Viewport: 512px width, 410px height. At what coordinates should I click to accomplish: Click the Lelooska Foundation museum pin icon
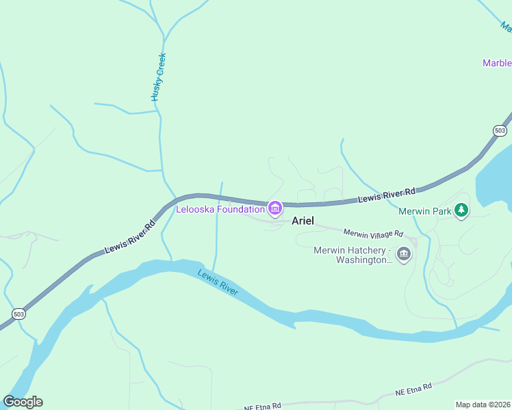[x=274, y=208]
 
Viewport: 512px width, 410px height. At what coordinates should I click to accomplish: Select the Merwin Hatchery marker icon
[x=404, y=254]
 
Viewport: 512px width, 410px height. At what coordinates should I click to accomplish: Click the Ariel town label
[x=303, y=221]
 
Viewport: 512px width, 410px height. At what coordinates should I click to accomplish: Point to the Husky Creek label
[x=159, y=77]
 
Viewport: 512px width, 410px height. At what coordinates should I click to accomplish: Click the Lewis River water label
[x=218, y=282]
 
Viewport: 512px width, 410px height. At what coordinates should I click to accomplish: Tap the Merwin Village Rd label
[x=374, y=234]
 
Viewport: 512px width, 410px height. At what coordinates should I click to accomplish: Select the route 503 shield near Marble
[x=500, y=130]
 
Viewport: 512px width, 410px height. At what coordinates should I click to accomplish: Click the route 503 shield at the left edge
[x=18, y=313]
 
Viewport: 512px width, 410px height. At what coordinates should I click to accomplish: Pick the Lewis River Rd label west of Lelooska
[x=130, y=236]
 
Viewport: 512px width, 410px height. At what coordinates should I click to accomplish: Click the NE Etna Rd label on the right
[x=413, y=389]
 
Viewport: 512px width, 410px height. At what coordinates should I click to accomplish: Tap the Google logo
[x=23, y=402]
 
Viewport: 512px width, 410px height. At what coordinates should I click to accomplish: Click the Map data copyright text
[x=483, y=405]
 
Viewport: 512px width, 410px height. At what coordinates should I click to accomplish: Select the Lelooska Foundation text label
[x=220, y=209]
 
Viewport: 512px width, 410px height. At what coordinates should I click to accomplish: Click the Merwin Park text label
[x=424, y=211]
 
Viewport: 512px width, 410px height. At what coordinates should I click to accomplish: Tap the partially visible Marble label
[x=497, y=63]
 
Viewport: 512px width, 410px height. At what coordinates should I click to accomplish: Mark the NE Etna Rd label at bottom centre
[x=262, y=407]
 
